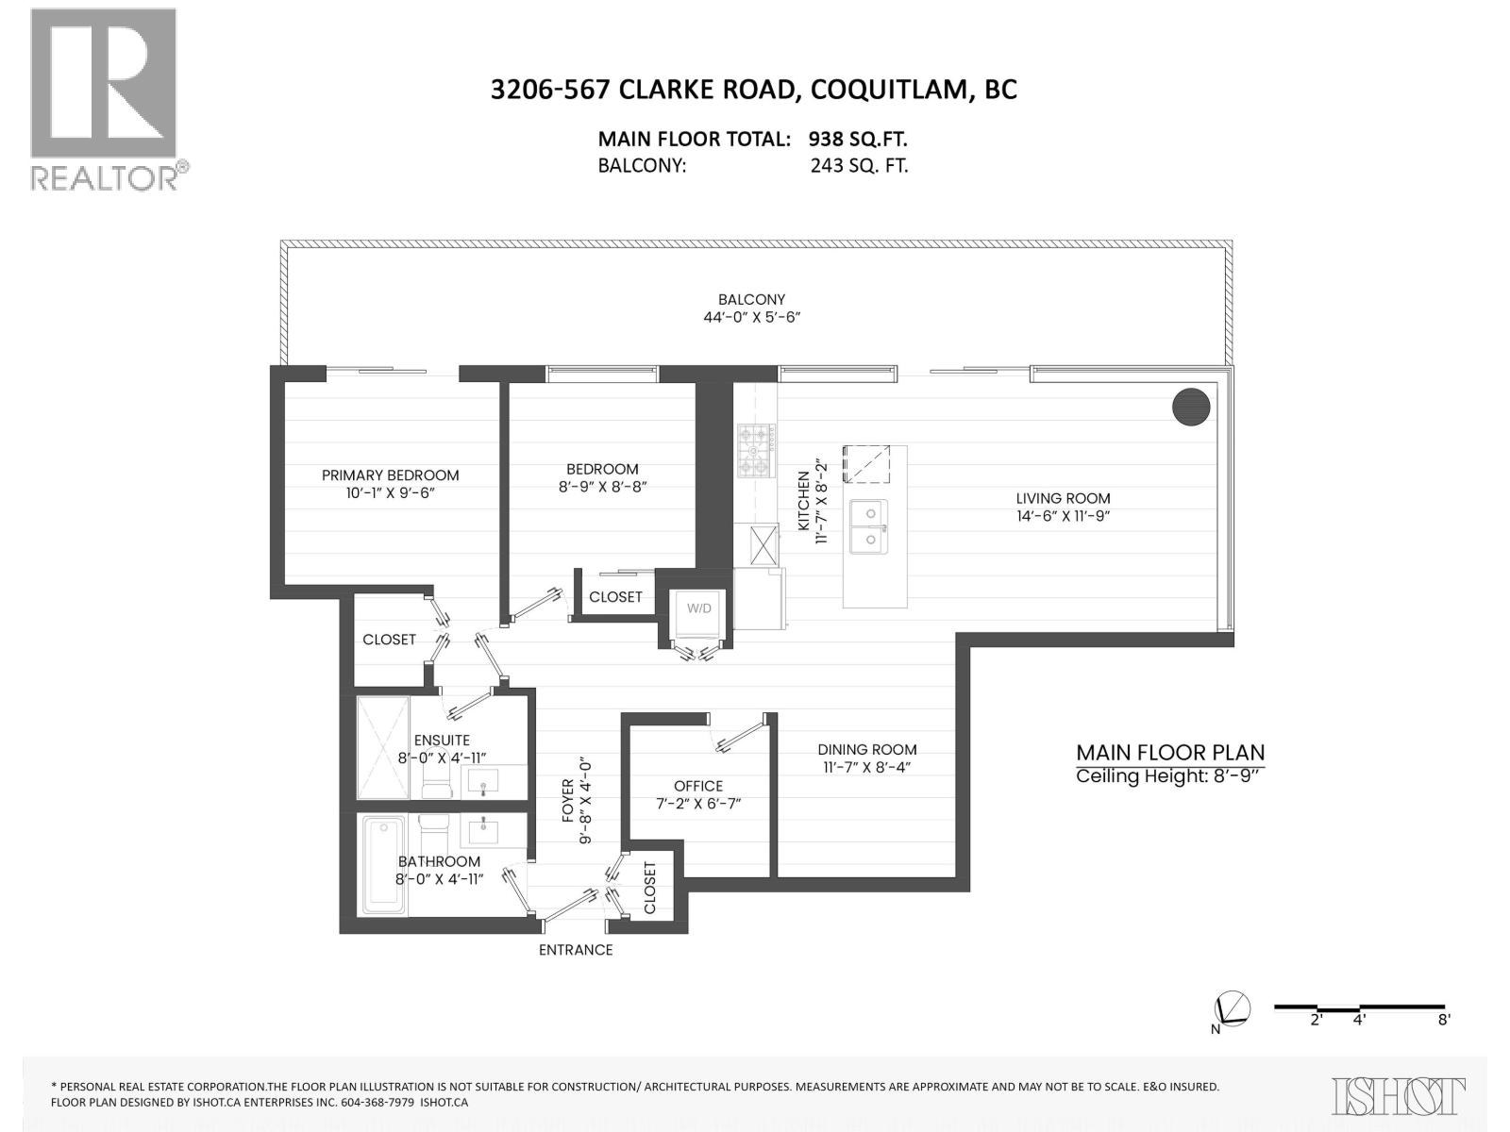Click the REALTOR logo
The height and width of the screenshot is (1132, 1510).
[x=104, y=99]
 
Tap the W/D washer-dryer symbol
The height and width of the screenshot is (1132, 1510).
[x=699, y=608]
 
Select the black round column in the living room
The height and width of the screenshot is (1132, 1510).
[x=1191, y=407]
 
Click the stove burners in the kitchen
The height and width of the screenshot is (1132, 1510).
[x=757, y=451]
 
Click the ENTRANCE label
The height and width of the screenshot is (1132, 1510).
[x=576, y=950]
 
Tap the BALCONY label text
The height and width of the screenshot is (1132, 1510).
[x=751, y=300]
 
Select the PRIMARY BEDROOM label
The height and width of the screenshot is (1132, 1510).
[x=390, y=475]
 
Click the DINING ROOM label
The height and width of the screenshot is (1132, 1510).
[x=867, y=750]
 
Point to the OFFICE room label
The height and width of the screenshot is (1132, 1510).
[x=698, y=786]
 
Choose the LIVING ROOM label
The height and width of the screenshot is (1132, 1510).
[x=1063, y=498]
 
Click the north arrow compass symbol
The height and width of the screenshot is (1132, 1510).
[x=1233, y=1008]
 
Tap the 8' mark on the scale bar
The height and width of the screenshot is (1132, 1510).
[x=1444, y=1019]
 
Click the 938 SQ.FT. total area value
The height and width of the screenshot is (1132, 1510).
[x=857, y=140]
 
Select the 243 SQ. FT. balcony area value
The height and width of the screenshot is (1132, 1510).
[x=859, y=166]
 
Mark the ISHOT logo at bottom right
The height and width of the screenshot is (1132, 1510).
[x=1399, y=1096]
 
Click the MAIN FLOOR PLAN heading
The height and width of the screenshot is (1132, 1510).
[x=1170, y=753]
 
